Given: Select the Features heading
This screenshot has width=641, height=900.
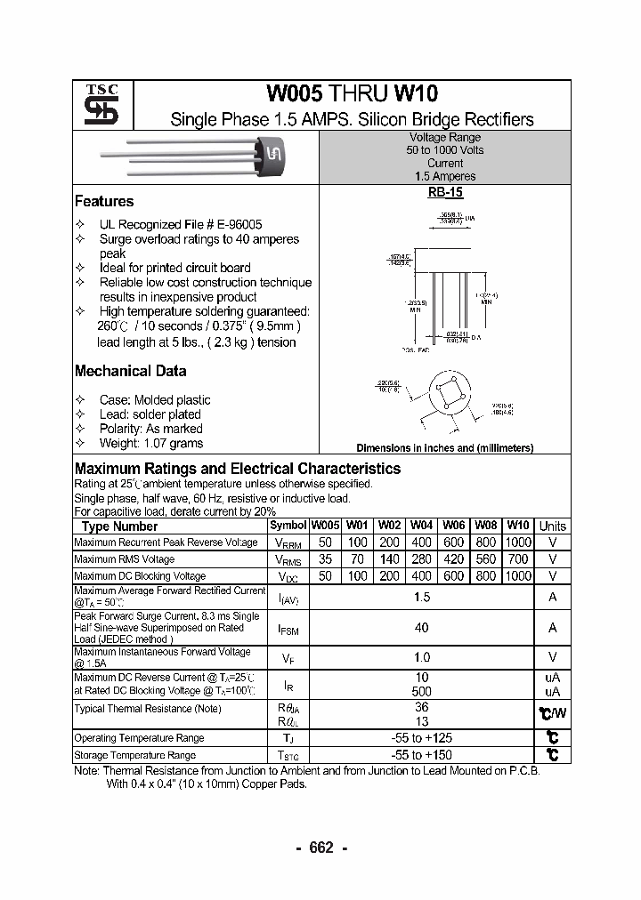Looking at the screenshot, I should (x=104, y=202).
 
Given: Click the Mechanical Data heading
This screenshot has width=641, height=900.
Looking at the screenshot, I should (x=130, y=371).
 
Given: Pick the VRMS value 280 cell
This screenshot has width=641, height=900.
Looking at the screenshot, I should (x=421, y=559).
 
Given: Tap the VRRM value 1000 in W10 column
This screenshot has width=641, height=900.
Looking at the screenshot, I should (x=517, y=542).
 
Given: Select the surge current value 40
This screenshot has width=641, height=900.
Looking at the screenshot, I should (x=421, y=628).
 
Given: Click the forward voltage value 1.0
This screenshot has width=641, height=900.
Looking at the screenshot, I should (x=421, y=657).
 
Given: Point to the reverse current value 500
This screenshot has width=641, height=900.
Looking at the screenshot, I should (x=421, y=691).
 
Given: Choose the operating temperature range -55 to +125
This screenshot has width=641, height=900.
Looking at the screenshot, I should (x=421, y=738).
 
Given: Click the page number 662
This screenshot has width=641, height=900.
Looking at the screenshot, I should (x=320, y=848).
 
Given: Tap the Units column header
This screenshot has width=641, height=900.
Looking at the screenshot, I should (x=553, y=526).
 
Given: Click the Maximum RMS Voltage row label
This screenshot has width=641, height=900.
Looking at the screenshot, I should (x=124, y=559).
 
